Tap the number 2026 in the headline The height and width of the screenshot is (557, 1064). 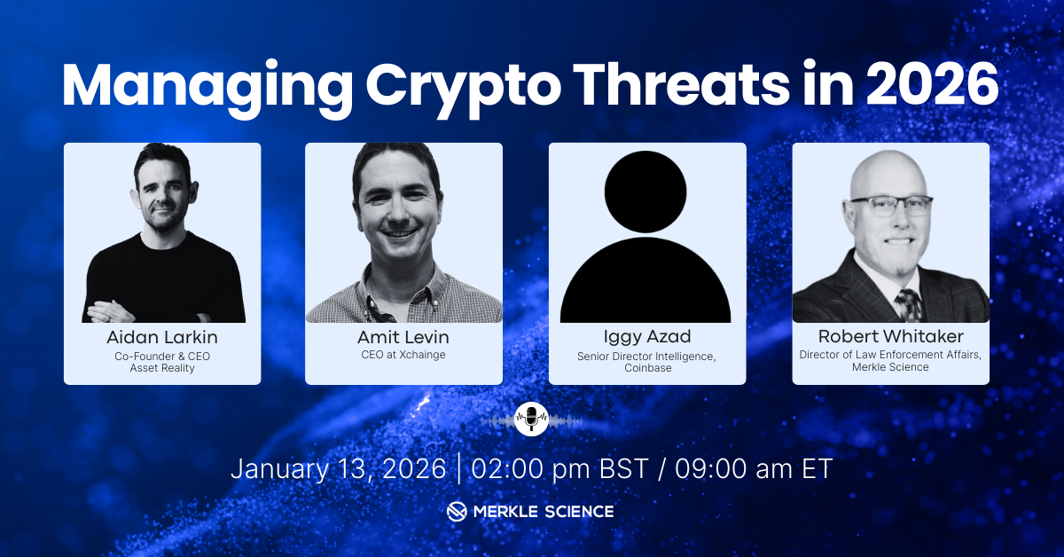pos(932,83)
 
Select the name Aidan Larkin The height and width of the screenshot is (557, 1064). pos(162,337)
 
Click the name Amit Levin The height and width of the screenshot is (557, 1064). pos(403,337)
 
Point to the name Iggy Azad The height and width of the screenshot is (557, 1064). pos(647,337)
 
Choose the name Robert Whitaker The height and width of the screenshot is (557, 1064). pos(890,336)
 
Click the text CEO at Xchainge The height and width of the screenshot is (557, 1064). pos(403,355)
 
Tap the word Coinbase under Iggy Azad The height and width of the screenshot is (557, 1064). pos(648,368)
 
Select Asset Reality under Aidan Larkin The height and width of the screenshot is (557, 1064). pos(162,368)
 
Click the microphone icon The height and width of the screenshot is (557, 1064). pos(531,420)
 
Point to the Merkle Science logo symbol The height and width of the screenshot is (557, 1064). pos(457,512)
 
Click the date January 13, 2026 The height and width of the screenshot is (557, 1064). pos(338,468)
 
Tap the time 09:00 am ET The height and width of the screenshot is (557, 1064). pos(754,468)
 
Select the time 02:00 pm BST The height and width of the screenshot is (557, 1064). pos(559,468)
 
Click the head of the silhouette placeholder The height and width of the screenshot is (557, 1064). pos(645,192)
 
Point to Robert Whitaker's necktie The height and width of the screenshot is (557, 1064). pos(909,305)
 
